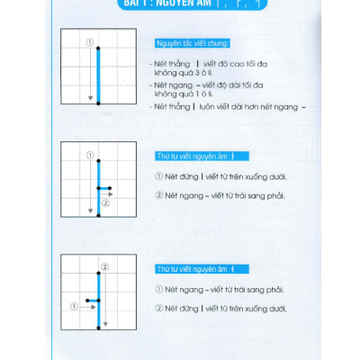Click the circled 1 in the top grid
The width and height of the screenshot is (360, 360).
pyautogui.click(x=89, y=41)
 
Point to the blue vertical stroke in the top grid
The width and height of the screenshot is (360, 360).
pyautogui.click(x=98, y=76)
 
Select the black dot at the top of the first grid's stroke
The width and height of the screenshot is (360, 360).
pyautogui.click(x=98, y=48)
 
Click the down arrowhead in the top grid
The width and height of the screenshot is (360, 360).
pyautogui.click(x=89, y=97)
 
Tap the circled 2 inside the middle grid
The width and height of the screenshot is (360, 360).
pyautogui.click(x=105, y=202)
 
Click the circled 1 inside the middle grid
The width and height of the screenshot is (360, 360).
pyautogui.click(x=89, y=154)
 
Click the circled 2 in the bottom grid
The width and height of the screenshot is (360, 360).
pyautogui.click(x=104, y=266)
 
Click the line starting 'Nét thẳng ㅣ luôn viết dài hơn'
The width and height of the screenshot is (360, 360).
pyautogui.click(x=230, y=106)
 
